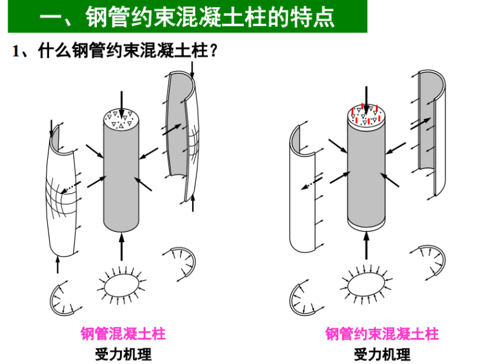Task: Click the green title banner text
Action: click(x=187, y=17)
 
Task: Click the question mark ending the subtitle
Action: click(x=213, y=50)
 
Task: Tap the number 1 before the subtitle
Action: click(x=16, y=50)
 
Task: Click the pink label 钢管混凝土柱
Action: click(x=123, y=334)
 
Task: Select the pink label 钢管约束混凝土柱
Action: click(x=382, y=334)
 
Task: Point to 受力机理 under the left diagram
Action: click(x=123, y=354)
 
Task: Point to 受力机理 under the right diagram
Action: click(x=382, y=354)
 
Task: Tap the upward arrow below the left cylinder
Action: click(x=121, y=247)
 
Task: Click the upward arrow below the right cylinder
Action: click(x=366, y=246)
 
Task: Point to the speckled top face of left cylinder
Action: click(x=121, y=119)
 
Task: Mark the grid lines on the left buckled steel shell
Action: click(x=61, y=197)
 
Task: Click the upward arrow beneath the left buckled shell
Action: click(x=57, y=264)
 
